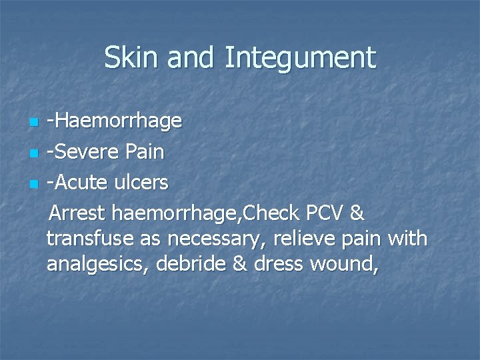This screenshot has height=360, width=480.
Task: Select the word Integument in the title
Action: pos(300,59)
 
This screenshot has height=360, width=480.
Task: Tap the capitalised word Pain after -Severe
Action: pos(143,152)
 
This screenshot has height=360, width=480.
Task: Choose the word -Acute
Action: pos(79,182)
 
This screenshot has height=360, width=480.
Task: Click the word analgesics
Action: pos(98,265)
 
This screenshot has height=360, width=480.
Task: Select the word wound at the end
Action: pos(345,265)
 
